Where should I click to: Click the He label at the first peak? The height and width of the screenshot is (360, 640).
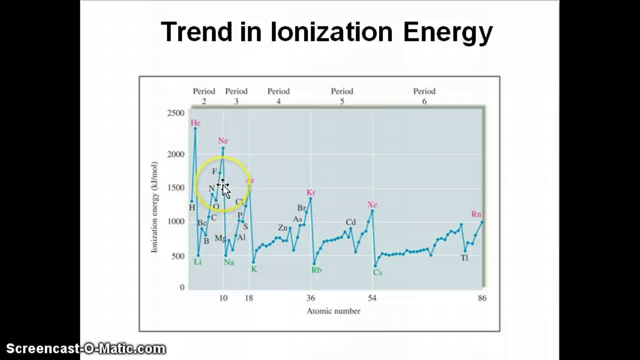(195, 123)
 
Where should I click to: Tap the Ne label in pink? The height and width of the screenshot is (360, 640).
(223, 141)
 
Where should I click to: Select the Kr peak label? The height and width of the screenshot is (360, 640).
(311, 192)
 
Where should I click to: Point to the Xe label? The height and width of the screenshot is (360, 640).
(372, 204)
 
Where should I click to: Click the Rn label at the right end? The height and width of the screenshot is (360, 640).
(476, 214)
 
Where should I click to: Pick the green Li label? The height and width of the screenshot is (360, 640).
(197, 262)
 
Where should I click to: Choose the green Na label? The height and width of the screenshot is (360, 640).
(229, 262)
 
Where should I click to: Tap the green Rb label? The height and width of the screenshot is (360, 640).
(316, 270)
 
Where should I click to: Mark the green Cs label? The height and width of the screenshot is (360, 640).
(377, 272)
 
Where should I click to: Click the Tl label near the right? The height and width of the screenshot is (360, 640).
(464, 258)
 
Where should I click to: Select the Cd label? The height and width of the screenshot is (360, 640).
(350, 222)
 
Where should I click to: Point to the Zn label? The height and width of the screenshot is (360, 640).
(283, 228)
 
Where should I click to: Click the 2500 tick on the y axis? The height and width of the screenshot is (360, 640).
(175, 113)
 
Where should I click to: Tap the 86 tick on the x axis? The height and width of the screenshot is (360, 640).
(482, 298)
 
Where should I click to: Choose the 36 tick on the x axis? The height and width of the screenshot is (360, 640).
(310, 298)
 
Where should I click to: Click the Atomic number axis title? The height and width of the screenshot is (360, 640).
(333, 311)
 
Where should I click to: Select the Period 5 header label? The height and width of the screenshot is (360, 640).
(342, 96)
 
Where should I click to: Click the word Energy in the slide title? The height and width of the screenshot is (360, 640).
(448, 32)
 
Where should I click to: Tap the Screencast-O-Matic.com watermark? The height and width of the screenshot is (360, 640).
(85, 348)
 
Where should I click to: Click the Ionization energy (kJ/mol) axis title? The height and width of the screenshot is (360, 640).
(154, 207)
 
